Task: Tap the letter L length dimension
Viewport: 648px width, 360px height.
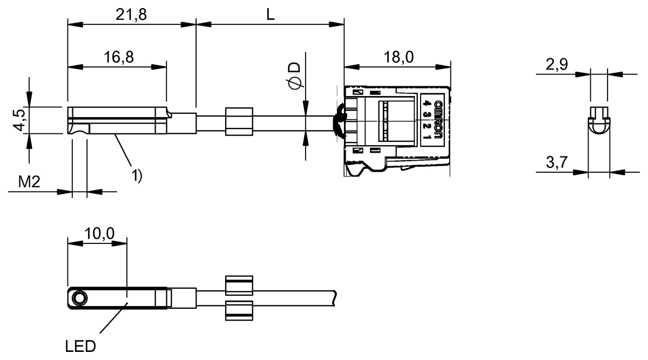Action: tap(270, 15)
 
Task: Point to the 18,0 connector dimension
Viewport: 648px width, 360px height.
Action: tap(398, 57)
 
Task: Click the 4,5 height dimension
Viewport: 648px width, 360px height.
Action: tap(18, 120)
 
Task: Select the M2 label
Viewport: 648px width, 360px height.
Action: tap(30, 182)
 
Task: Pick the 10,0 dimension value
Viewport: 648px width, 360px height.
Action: tap(99, 233)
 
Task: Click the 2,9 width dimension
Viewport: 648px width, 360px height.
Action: tap(557, 65)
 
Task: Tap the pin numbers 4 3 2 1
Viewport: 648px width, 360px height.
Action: tap(427, 120)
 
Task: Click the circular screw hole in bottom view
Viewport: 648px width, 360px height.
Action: tap(80, 298)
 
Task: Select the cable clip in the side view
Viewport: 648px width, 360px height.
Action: tap(238, 122)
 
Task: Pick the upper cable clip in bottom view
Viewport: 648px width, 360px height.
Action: tap(238, 284)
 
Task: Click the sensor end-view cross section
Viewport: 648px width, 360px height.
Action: tap(599, 119)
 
